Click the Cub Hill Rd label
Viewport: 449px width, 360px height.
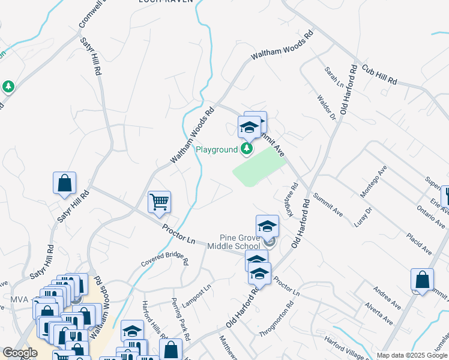[379, 73]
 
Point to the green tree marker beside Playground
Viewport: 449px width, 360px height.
[246, 148]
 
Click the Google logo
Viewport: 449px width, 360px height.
[20, 353]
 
